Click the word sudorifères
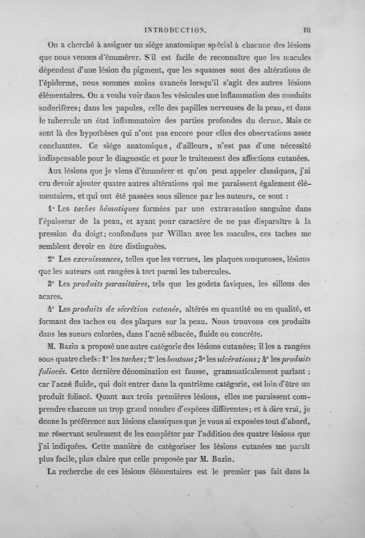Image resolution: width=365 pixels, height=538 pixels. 68,109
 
